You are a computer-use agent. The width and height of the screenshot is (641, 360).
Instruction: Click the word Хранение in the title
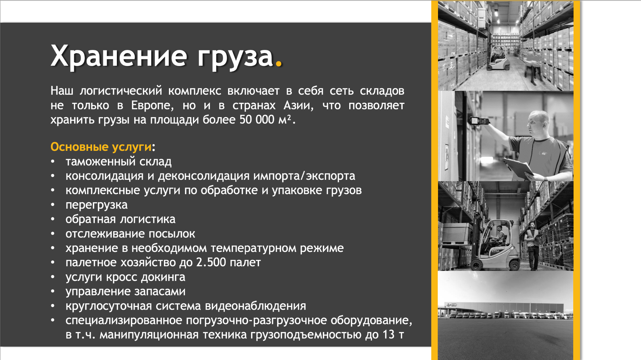[119, 56]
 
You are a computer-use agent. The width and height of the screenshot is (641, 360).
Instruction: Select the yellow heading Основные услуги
[101, 147]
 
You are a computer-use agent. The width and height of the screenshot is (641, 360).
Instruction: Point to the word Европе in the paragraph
[152, 106]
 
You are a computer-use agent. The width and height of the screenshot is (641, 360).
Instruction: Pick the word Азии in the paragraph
[298, 106]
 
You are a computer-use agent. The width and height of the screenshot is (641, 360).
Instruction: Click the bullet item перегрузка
[96, 205]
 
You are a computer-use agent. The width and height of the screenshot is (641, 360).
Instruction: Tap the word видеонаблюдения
[255, 306]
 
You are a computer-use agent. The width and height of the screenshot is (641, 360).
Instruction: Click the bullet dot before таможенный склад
[53, 162]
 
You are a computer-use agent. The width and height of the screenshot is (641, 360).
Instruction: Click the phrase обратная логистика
[120, 219]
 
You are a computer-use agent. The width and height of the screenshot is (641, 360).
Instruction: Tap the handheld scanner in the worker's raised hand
[480, 120]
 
